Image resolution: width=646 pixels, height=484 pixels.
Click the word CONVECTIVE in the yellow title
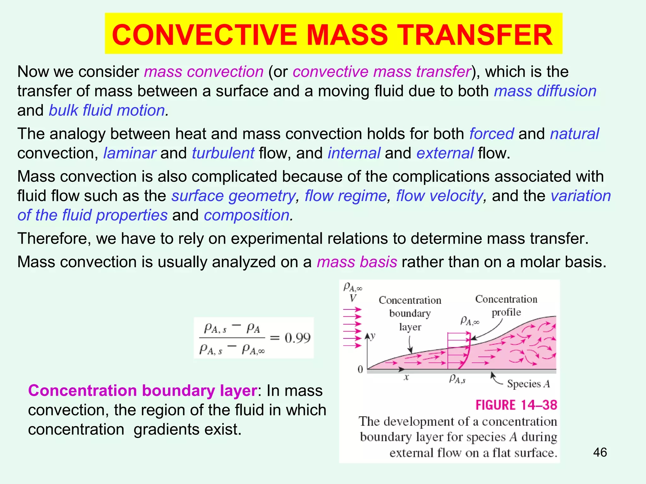tap(204, 35)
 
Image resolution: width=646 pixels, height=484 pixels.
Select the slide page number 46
tap(600, 452)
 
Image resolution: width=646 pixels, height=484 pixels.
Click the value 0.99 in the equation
tap(297, 338)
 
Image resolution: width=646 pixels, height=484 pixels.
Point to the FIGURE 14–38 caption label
tap(516, 405)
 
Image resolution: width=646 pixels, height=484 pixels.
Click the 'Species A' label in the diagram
tap(528, 384)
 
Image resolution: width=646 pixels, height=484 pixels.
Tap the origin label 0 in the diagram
tap(360, 369)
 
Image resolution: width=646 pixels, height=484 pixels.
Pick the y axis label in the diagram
tap(373, 336)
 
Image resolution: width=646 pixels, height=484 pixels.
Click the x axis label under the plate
tap(406, 377)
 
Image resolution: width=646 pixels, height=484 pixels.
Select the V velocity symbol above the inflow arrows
tap(353, 298)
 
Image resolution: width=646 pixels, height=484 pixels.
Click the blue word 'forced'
tap(491, 134)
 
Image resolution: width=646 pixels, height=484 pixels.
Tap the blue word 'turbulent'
tap(223, 153)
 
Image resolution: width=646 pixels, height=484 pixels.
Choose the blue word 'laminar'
tap(129, 153)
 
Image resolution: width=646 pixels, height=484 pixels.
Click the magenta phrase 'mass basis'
tap(357, 262)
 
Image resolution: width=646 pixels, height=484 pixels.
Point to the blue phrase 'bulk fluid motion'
tap(107, 111)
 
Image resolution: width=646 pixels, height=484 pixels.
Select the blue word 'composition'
tap(247, 215)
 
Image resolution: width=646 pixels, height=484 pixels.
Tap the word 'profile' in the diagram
tap(506, 312)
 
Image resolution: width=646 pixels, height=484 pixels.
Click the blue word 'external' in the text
tap(445, 153)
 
